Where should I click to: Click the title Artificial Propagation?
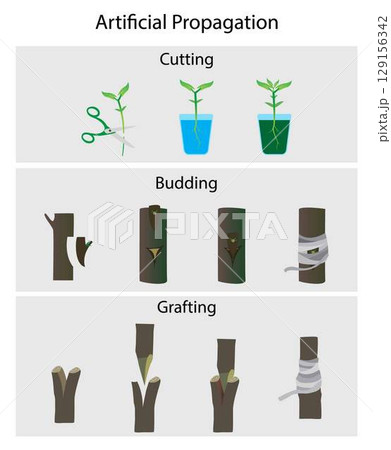(x=187, y=22)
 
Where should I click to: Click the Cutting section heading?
(x=186, y=60)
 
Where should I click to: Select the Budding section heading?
(x=186, y=183)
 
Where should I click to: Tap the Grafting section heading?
(x=186, y=307)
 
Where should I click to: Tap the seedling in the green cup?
(x=273, y=98)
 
